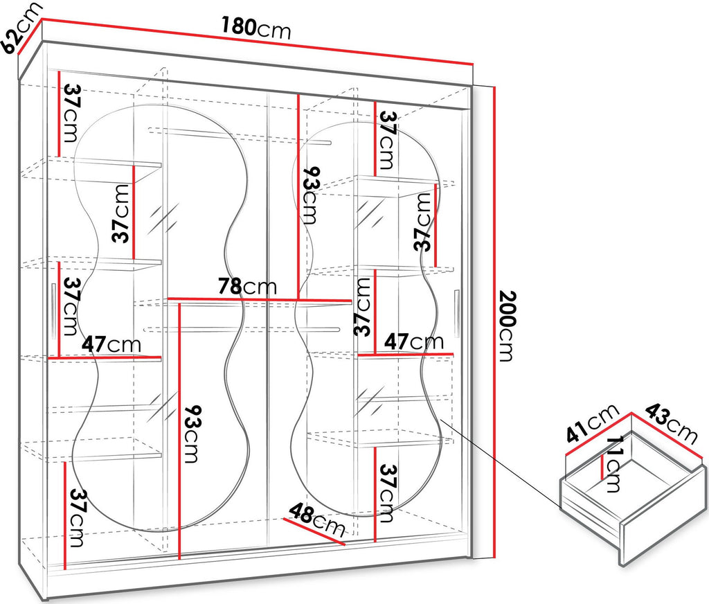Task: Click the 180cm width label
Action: [256, 28]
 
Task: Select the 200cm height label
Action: [508, 326]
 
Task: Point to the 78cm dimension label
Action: [247, 286]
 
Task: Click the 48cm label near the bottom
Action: [317, 520]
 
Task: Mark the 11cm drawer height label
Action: [613, 463]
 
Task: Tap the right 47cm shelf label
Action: [414, 341]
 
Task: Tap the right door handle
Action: [457, 314]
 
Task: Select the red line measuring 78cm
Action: [260, 299]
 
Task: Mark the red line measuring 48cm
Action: [314, 531]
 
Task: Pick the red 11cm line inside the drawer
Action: [602, 468]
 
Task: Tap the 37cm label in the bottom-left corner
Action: [76, 518]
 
